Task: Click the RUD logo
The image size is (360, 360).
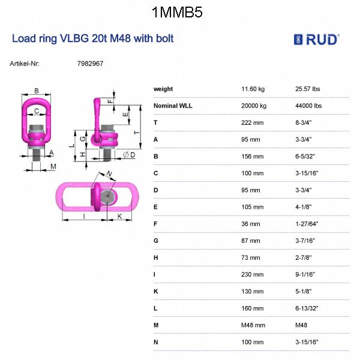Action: point(316,40)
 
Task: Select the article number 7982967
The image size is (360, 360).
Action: point(91,63)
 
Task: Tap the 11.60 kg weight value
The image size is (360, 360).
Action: point(253,89)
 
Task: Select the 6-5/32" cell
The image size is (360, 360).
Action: point(307,156)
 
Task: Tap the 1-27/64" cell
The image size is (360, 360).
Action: point(307,224)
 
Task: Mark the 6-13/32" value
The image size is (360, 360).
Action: point(308,308)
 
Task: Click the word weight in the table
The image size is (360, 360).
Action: point(163,89)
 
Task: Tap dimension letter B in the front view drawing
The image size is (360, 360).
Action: point(37,91)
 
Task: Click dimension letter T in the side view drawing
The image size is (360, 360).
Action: point(136,132)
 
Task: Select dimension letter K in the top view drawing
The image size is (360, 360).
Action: point(120,216)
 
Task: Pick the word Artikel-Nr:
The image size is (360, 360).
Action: point(25,63)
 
